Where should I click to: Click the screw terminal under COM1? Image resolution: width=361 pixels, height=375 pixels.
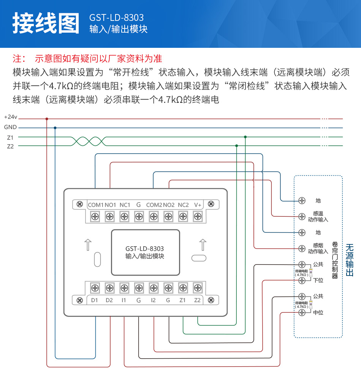pos(95,216)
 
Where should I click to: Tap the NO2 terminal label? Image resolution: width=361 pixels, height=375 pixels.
pos(168,205)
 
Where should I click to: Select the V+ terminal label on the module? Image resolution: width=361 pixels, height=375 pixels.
pos(198,205)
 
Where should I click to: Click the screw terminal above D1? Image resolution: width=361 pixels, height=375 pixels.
pos(95,288)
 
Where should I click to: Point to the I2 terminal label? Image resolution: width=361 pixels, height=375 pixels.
pos(153,300)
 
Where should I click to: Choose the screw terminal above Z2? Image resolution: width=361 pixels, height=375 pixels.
pos(197,288)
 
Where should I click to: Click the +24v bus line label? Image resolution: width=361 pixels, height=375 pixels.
pos(11,117)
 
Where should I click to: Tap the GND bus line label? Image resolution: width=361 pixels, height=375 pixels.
pos(11,128)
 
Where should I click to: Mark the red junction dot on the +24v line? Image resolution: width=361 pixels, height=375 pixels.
pos(47,119)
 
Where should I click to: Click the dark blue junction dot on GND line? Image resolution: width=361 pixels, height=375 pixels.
pos(55,128)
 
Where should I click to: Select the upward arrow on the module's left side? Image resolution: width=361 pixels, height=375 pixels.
pos(87,244)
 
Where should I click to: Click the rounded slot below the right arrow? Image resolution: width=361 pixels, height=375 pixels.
pos(199,258)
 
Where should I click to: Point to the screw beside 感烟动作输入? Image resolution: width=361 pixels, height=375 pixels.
pos(302,248)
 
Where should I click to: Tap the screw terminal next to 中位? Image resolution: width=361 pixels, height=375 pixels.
pos(302,312)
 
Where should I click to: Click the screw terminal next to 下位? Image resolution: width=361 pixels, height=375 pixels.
pos(302,280)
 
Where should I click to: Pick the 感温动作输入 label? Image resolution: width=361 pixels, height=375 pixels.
pos(318,216)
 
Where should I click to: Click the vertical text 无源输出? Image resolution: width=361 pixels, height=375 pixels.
pos(350,260)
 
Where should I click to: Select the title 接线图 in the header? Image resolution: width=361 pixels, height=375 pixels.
pos(46,24)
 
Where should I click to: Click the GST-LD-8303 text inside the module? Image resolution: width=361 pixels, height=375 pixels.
pos(144,249)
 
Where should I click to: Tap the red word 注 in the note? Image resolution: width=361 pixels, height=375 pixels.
pos(17,58)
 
